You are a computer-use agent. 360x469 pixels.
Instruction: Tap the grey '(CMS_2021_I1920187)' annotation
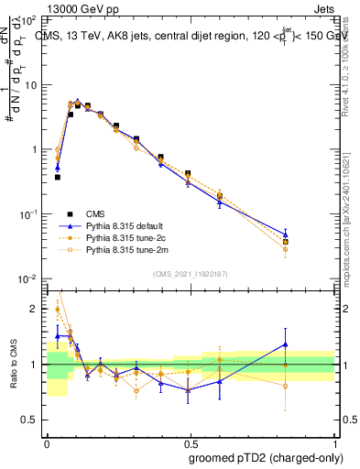coord(190,273)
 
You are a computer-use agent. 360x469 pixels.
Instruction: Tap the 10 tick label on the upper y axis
coord(30,85)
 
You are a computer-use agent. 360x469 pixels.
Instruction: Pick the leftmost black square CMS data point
coord(58,177)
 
